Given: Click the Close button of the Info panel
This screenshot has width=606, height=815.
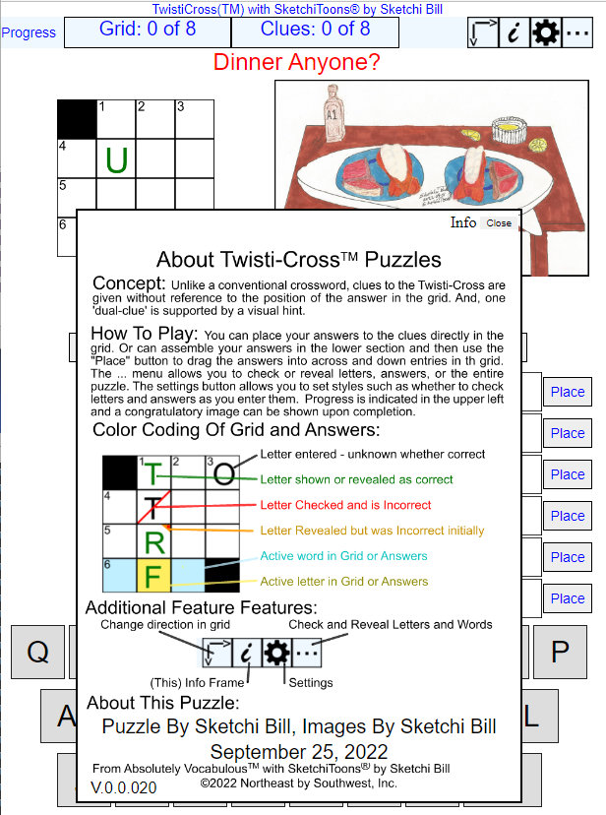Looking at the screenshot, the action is [x=499, y=223].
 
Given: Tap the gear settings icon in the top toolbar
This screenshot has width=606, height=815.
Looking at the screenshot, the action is [x=546, y=32].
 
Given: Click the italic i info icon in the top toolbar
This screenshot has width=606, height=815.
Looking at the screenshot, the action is [x=515, y=32].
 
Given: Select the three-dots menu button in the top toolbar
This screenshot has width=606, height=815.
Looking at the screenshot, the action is [x=576, y=32].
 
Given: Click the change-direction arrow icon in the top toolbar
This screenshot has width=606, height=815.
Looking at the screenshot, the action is [x=483, y=32].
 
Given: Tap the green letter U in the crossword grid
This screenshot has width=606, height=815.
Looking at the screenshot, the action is [x=116, y=159].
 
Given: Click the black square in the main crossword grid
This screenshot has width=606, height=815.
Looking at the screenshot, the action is [x=77, y=119].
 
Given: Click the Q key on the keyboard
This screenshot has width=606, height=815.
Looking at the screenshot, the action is [x=38, y=652].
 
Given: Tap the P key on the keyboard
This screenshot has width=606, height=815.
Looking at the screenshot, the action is [x=560, y=652].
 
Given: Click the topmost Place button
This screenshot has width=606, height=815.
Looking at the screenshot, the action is [x=568, y=392].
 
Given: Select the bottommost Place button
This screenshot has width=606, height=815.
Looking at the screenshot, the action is [x=568, y=598].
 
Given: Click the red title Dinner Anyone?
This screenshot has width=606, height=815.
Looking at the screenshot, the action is [x=296, y=62].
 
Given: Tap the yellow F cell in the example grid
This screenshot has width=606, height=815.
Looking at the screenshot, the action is [x=153, y=576].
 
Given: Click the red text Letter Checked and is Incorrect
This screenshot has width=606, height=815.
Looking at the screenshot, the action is [x=345, y=505].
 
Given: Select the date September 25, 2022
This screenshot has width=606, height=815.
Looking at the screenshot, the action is [x=299, y=752].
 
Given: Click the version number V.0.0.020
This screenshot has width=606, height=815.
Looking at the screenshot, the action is [x=124, y=787].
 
